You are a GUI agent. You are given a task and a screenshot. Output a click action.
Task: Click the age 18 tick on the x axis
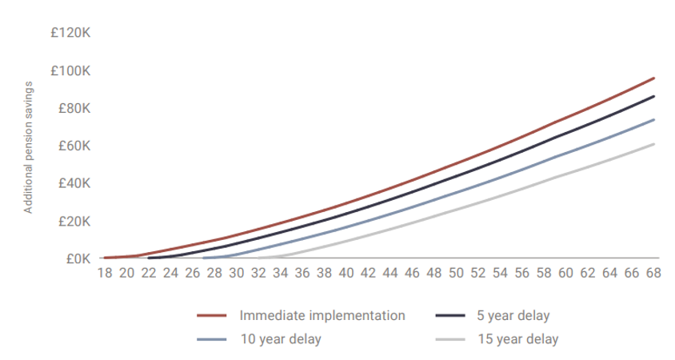pos(105,274)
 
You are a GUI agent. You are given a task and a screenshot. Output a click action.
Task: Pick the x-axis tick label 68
pos(653,274)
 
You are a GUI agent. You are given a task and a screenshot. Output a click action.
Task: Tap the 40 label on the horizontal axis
pos(346,274)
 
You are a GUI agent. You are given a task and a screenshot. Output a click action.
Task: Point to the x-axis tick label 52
pos(478,274)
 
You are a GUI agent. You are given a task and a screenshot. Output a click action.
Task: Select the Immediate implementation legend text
pos(322,315)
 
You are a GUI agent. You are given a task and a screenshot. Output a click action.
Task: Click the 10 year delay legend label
pos(280,339)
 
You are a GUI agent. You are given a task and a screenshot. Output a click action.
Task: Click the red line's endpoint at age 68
pos(654,78)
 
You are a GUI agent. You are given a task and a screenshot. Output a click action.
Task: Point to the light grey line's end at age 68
pos(654,144)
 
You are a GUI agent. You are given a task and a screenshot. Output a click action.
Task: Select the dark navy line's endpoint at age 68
pos(654,96)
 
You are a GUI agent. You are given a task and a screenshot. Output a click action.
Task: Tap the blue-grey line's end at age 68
pos(654,120)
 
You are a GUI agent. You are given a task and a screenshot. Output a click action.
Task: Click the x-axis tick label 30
pos(237,274)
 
